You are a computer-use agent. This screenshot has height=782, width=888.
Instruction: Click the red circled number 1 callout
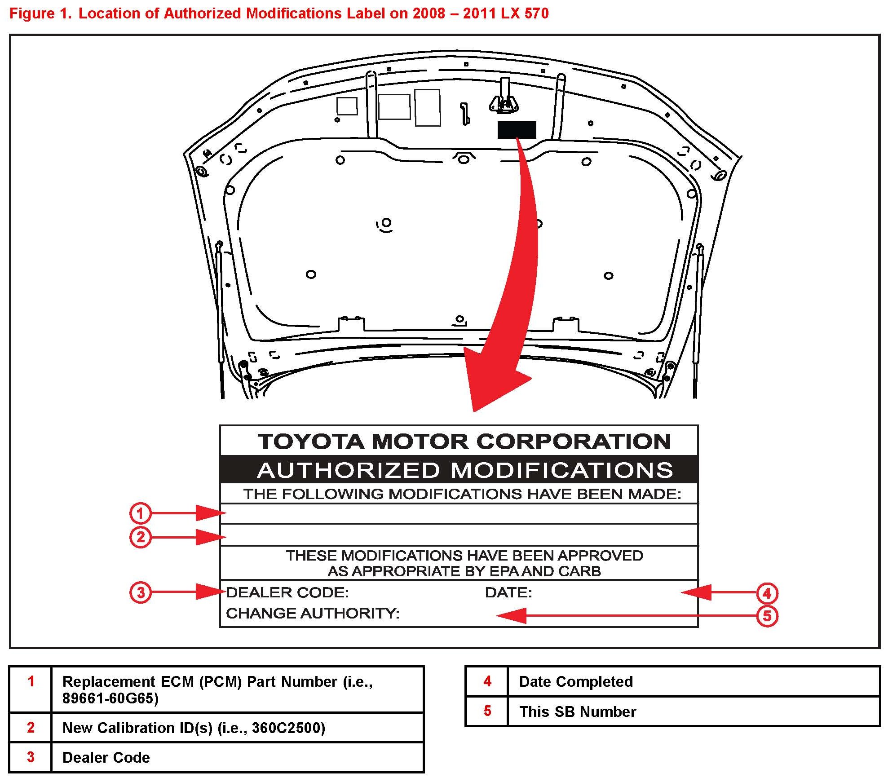[x=140, y=513]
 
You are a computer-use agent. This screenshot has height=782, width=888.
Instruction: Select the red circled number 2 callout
[x=140, y=537]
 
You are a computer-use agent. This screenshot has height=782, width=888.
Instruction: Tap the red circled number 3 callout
[x=140, y=592]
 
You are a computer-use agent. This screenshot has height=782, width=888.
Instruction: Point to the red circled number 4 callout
[x=767, y=593]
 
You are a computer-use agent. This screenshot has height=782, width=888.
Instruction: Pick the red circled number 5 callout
[x=767, y=616]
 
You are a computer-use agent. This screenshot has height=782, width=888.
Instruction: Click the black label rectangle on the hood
[x=517, y=130]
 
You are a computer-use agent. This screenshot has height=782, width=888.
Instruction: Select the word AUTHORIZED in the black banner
[x=349, y=470]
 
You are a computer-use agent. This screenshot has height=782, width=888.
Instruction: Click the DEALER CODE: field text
[x=287, y=592]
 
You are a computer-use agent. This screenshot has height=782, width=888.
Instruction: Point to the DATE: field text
[x=508, y=592]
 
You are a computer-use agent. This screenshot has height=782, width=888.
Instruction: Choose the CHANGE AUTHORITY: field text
[x=313, y=613]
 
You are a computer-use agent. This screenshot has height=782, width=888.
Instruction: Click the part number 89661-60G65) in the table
[x=110, y=698]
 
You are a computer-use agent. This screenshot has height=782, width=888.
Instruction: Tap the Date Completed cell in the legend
[x=576, y=682]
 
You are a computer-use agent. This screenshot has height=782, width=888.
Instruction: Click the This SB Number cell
[x=578, y=711]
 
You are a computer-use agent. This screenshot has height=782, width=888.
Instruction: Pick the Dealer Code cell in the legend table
[x=106, y=757]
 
